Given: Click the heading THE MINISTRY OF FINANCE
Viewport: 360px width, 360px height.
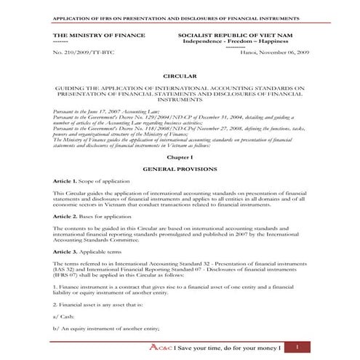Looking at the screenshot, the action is tap(99, 35).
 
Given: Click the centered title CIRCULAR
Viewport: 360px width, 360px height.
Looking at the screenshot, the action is tap(180, 74).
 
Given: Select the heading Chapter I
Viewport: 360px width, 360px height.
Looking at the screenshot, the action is tap(180, 156).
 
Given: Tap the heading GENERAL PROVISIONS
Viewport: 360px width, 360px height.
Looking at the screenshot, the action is tap(180, 168).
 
